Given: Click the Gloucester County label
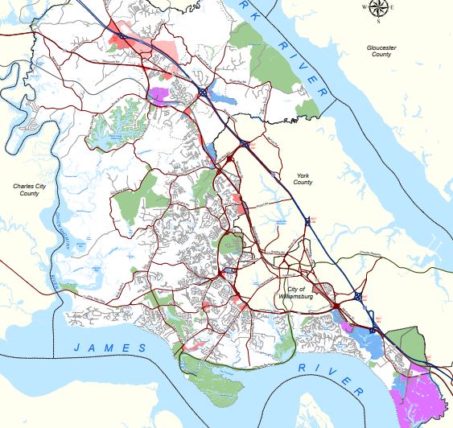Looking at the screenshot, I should coord(381,51).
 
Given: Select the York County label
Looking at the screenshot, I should coord(303,179).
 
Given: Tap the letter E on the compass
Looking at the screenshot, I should coord(392,8).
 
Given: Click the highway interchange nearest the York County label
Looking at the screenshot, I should coord(306,219).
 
